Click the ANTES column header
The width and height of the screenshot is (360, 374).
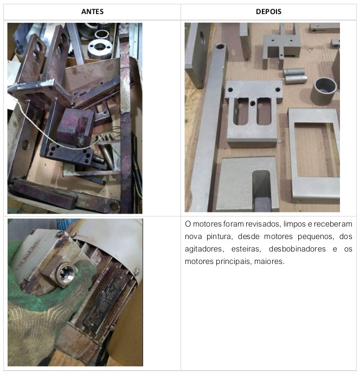coord(92,11)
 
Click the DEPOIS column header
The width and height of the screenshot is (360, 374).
coord(268,11)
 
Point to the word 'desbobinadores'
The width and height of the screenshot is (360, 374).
coord(297,249)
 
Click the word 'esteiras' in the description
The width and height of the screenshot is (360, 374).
coord(246,249)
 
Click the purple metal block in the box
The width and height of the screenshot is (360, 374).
coord(75,126)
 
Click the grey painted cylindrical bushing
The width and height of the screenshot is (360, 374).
coord(324,92)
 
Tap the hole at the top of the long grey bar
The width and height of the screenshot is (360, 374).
coord(220,46)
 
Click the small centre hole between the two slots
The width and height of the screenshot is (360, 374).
coord(253,104)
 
